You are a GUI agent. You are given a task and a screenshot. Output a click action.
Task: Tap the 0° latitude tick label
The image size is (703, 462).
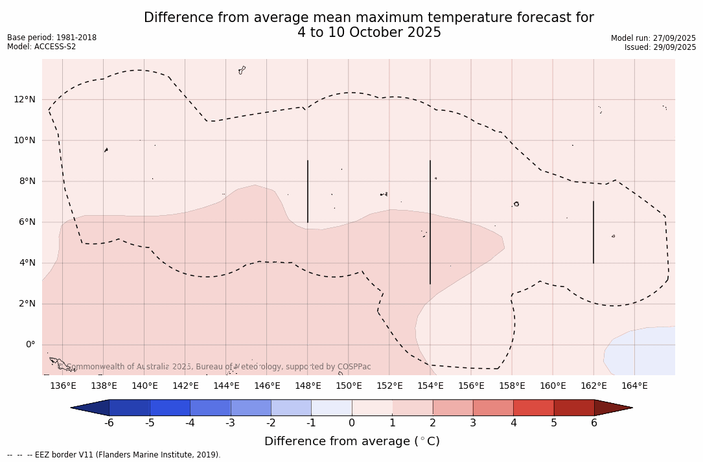coord(30,344)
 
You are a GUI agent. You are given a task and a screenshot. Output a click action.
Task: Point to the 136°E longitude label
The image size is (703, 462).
coord(63,386)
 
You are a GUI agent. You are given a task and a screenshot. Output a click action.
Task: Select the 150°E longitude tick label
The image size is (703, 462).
coord(349,386)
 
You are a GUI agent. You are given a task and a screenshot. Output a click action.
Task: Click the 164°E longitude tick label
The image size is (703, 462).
coord(634,386)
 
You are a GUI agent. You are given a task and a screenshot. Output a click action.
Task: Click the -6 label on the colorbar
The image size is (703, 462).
coord(109,423)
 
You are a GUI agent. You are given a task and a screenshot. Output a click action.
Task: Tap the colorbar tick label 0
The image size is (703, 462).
coord(352,423)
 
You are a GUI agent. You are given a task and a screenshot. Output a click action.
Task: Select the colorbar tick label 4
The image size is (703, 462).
coord(513,423)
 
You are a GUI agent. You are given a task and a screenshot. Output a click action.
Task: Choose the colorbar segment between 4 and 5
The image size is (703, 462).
coord(533,408)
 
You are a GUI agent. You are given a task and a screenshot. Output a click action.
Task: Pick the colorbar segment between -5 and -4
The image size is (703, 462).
coord(170,408)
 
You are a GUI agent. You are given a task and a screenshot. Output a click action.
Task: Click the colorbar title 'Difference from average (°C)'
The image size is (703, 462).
coord(352,441)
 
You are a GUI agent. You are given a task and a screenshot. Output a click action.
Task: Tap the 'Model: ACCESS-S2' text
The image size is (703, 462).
coord(41,47)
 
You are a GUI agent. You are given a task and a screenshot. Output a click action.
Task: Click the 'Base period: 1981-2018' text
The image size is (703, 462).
coord(52,38)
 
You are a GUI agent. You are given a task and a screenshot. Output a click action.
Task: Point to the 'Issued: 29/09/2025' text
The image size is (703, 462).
coord(660,47)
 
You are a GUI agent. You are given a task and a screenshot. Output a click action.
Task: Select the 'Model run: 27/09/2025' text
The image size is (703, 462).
coord(653,38)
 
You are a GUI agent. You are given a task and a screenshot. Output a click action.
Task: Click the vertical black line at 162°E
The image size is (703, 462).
coord(594,232)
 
